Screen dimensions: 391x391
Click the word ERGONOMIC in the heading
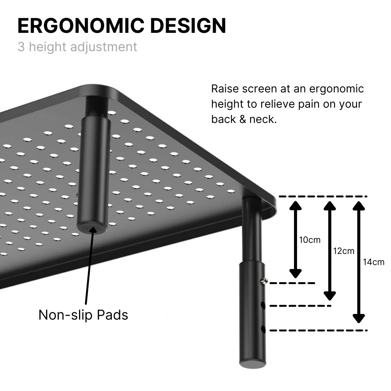tap(80, 26)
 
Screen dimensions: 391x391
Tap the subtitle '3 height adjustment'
tap(77, 47)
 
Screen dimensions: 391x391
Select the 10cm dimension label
tap(310, 240)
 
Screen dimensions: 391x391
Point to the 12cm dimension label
tap(344, 251)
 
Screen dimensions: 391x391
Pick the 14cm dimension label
tap(374, 262)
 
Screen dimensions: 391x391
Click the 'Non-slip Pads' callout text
tap(83, 315)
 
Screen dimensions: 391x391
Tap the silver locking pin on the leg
tap(263, 281)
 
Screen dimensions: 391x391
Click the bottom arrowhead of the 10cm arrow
tap(295, 273)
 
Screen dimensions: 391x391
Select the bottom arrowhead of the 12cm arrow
tap(330, 295)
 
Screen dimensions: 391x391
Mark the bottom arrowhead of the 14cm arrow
tap(359, 318)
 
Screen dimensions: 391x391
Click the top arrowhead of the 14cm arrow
tap(359, 205)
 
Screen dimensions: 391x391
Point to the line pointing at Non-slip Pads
tap(89, 267)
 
